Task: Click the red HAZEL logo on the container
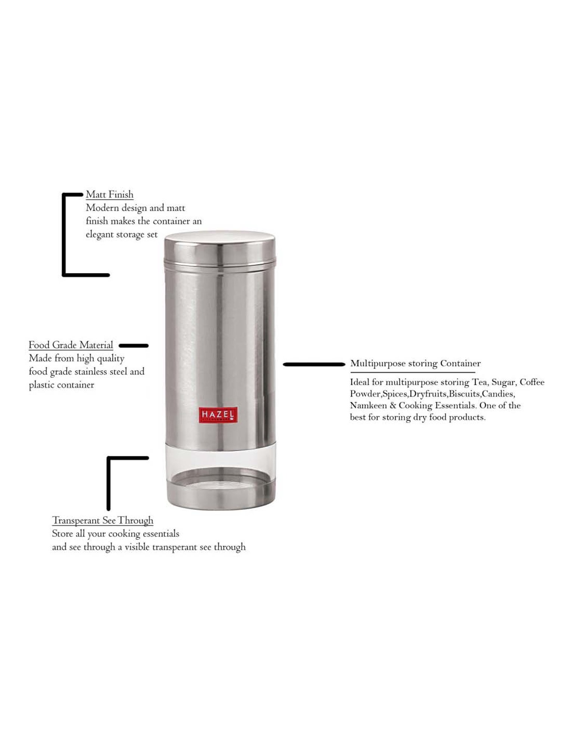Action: coord(218,415)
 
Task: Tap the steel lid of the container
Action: coord(220,247)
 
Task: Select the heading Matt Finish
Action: coord(110,194)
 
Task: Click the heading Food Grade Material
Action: coord(71,345)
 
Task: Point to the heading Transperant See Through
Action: coord(102,520)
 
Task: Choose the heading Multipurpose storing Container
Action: coord(415,363)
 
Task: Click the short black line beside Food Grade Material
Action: coord(134,346)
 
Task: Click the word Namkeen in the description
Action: coord(368,405)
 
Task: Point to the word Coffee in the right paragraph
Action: coord(532,382)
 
